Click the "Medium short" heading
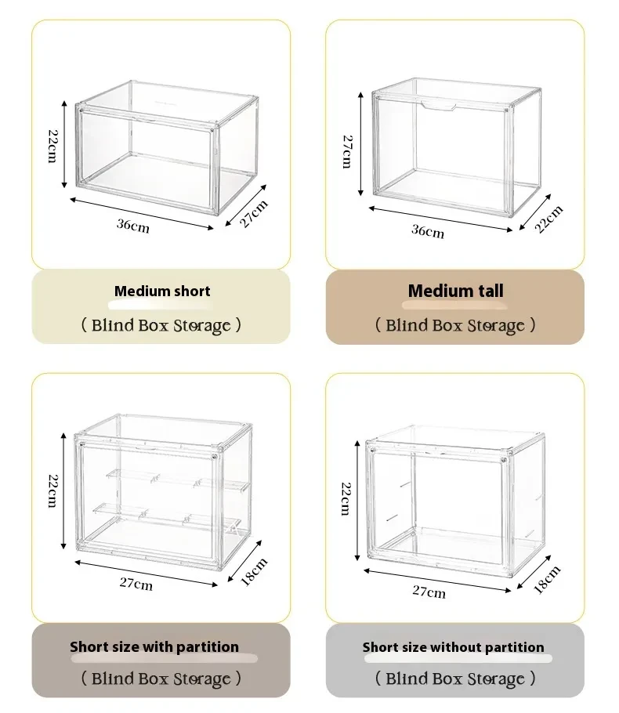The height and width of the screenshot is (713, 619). (x=162, y=291)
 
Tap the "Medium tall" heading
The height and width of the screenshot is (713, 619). (x=455, y=291)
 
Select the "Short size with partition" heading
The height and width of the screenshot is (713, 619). (x=154, y=647)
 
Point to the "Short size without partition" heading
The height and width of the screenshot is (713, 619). (x=453, y=647)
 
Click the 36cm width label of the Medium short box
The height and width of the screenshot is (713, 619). (x=132, y=225)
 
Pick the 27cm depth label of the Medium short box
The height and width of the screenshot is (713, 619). (x=254, y=213)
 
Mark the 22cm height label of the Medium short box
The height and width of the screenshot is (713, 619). (x=52, y=147)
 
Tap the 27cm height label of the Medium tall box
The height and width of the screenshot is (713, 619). (x=346, y=150)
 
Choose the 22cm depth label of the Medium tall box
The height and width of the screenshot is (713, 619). (x=549, y=219)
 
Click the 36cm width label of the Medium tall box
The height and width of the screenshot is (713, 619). (x=428, y=231)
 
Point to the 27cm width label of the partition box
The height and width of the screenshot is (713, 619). (x=136, y=582)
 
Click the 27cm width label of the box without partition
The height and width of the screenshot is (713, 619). (x=429, y=591)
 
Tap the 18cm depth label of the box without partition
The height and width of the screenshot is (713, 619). (x=547, y=579)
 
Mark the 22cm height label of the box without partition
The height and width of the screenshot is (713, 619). (x=346, y=498)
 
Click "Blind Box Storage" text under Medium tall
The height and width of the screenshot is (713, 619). (x=455, y=325)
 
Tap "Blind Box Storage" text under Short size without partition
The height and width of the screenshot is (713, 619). (x=455, y=679)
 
